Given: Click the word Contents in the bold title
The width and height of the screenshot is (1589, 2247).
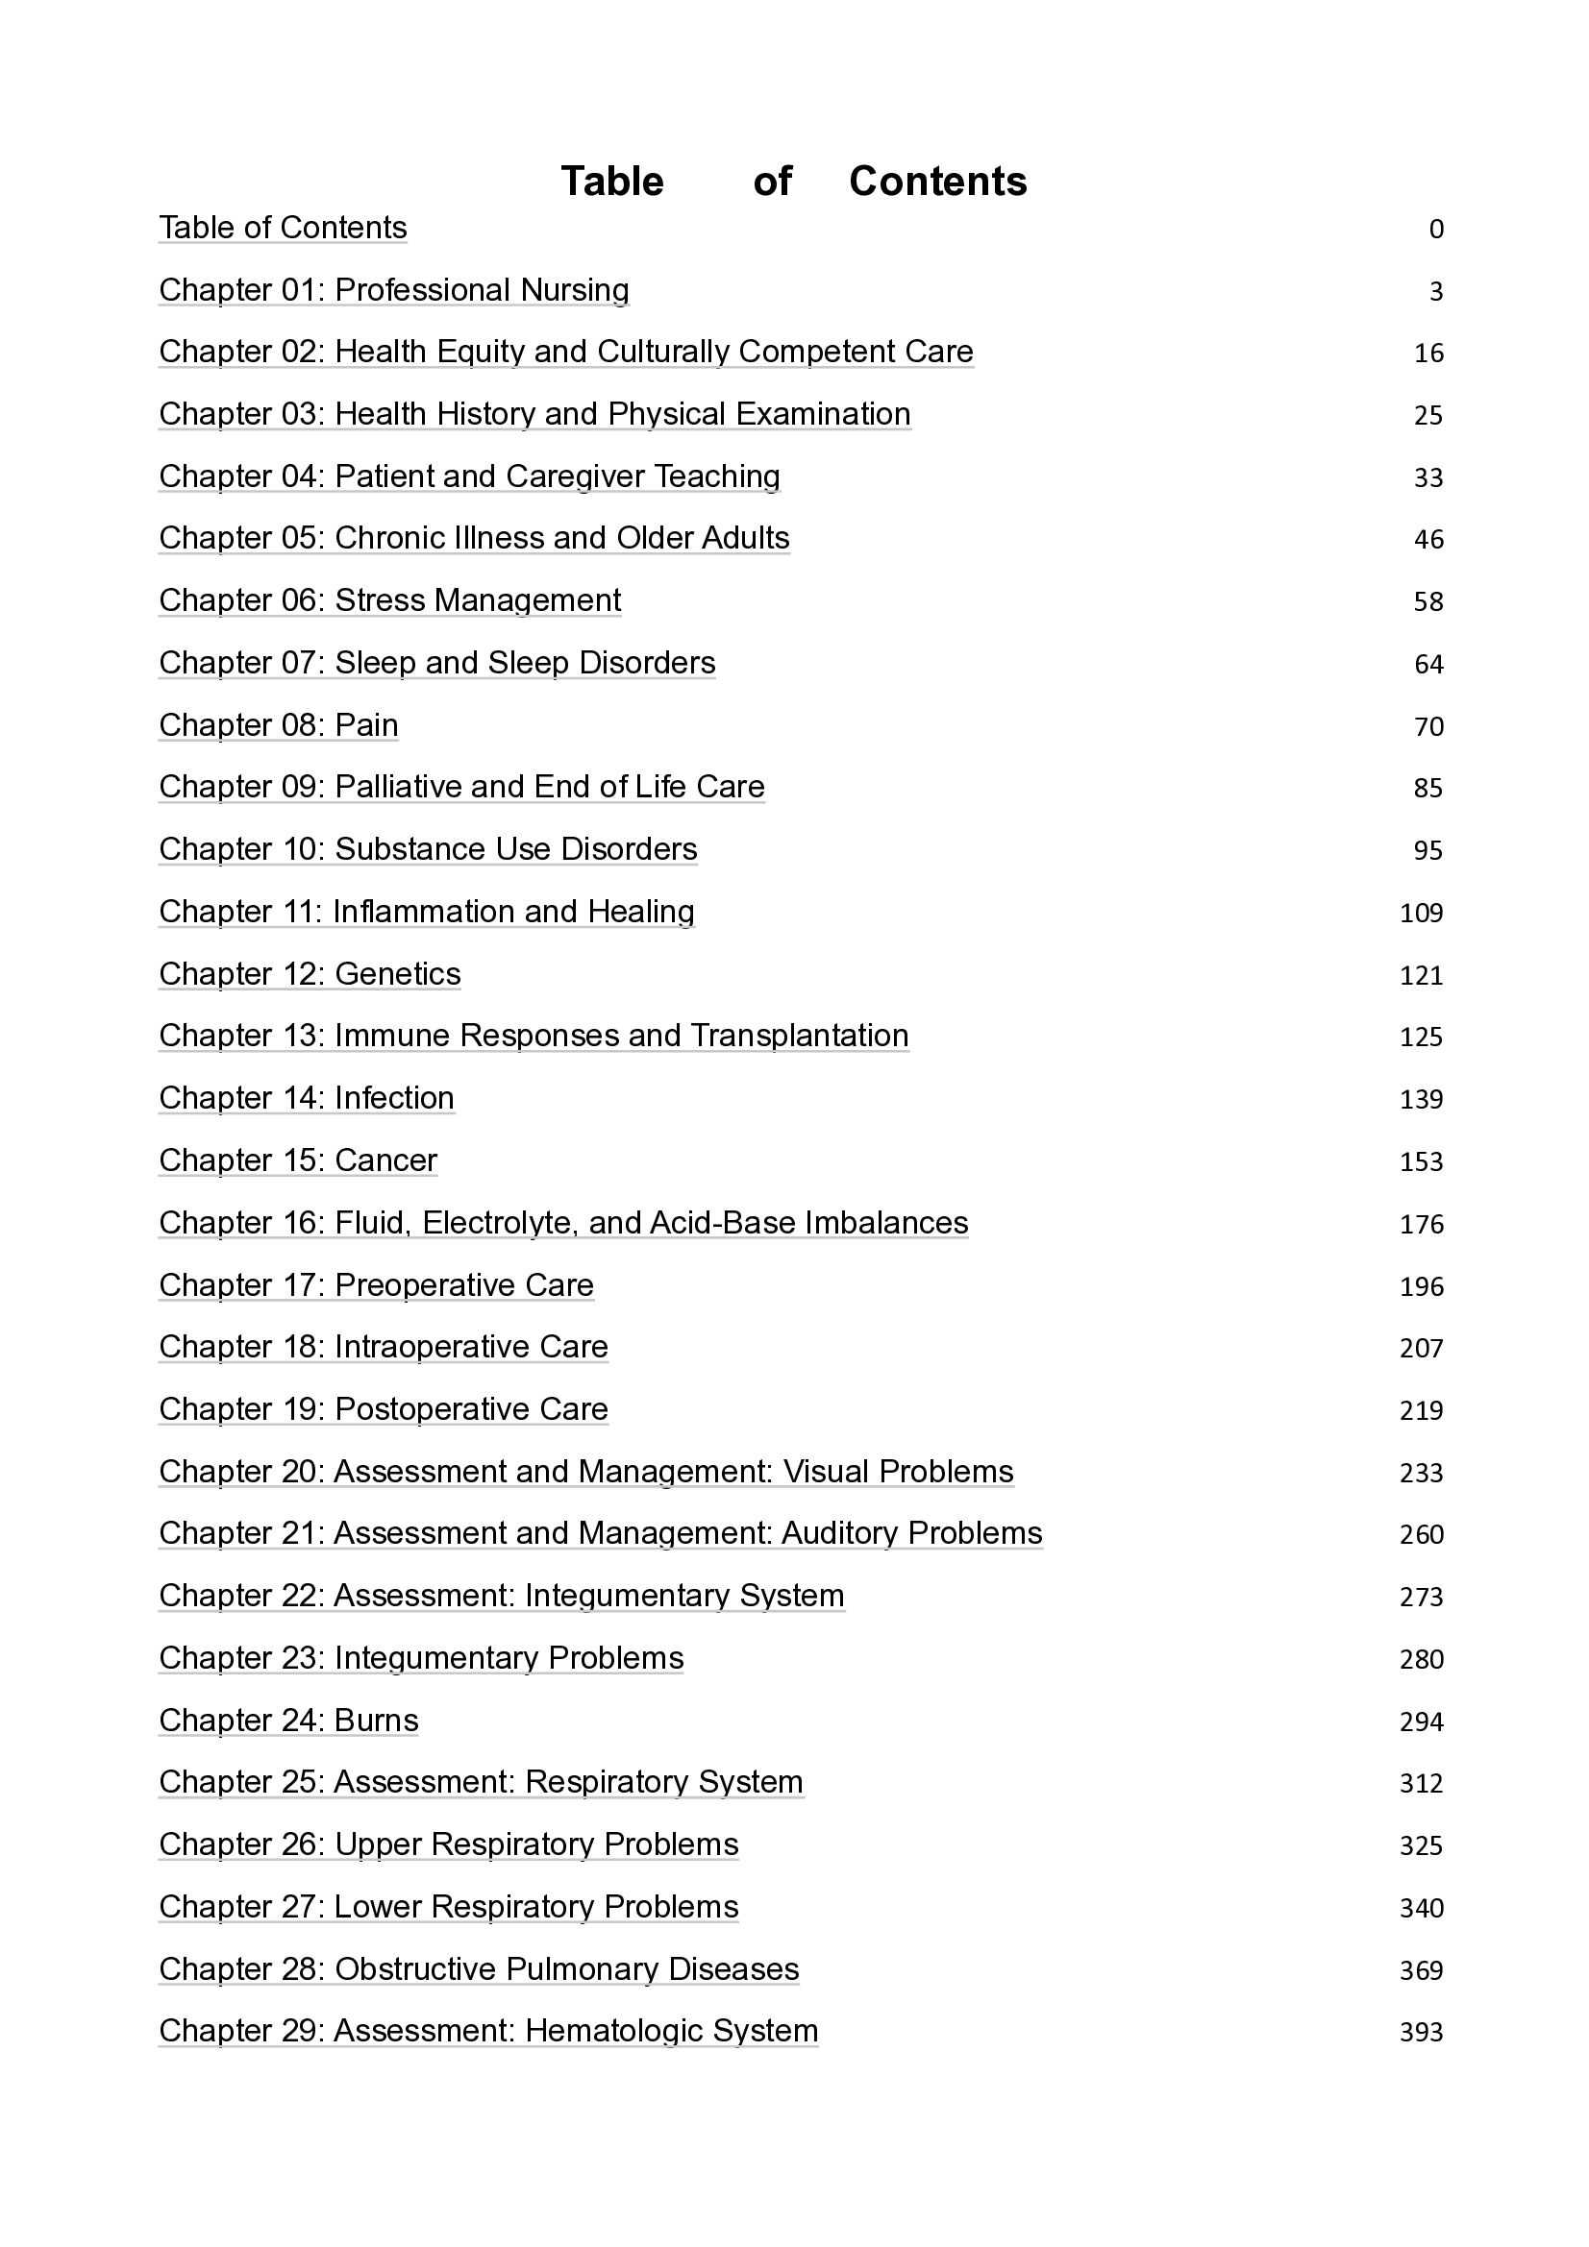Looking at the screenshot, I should pyautogui.click(x=937, y=182).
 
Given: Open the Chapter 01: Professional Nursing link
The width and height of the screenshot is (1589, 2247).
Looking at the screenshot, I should pyautogui.click(x=393, y=291).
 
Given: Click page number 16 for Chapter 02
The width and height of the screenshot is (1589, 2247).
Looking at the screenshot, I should pyautogui.click(x=1428, y=354).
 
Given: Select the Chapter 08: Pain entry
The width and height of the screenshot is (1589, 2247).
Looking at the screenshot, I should pyautogui.click(x=279, y=725).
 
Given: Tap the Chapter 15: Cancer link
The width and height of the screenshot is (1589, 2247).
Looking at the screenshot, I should pyautogui.click(x=298, y=1160).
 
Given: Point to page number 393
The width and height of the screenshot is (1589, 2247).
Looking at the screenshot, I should pyautogui.click(x=1422, y=2033).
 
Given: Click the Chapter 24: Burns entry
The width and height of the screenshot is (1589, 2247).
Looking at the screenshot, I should pyautogui.click(x=288, y=1721).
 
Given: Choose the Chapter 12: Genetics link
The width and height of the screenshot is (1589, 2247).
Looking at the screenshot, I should pyautogui.click(x=310, y=974).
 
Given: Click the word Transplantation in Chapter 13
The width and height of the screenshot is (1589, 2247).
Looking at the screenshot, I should pyautogui.click(x=799, y=1036).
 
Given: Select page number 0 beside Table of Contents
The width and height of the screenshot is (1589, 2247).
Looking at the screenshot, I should pyautogui.click(x=1436, y=229).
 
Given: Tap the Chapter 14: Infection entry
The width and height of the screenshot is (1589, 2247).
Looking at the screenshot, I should pyautogui.click(x=307, y=1098).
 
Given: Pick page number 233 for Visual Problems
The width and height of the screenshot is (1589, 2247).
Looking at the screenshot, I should pyautogui.click(x=1422, y=1473).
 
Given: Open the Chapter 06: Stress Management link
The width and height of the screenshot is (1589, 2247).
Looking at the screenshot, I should pyautogui.click(x=389, y=600).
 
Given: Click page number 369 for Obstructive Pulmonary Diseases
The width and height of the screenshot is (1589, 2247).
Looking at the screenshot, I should pyautogui.click(x=1422, y=1970).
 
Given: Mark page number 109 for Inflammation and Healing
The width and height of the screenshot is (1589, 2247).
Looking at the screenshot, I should pyautogui.click(x=1422, y=913).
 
